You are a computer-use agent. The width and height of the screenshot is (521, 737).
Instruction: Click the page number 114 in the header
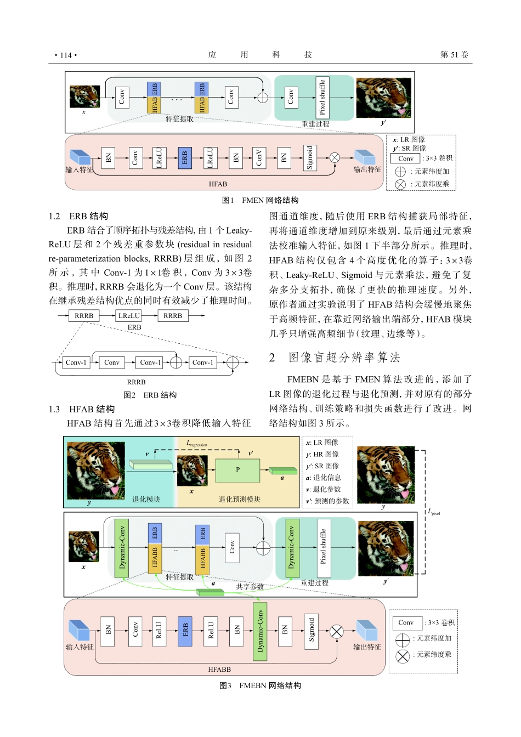[66, 55]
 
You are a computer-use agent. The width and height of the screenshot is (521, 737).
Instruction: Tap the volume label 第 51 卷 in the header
[454, 55]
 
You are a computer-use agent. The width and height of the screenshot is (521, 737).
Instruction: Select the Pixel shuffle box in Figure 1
[322, 98]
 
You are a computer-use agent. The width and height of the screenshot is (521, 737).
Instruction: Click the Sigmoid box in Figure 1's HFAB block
[310, 158]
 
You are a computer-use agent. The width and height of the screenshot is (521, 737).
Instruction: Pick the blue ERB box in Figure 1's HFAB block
[185, 158]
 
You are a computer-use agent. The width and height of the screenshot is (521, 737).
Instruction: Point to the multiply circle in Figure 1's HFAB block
[335, 158]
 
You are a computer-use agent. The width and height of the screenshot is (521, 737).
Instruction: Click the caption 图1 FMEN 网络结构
[260, 200]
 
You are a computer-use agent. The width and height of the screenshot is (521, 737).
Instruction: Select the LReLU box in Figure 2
[129, 316]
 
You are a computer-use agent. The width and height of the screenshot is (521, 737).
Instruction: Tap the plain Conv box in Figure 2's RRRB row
[112, 362]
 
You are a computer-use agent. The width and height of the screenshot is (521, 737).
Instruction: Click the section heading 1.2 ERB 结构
[78, 216]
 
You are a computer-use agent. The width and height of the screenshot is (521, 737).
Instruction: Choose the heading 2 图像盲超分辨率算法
[335, 358]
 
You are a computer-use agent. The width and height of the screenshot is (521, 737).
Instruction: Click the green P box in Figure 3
[237, 470]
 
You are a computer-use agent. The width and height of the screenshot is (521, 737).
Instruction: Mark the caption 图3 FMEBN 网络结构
[260, 685]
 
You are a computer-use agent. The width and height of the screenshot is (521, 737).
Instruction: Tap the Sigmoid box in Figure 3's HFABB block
[312, 630]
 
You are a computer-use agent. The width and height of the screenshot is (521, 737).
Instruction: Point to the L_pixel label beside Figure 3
[433, 512]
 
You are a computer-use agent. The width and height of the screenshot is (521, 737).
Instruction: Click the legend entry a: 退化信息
[324, 478]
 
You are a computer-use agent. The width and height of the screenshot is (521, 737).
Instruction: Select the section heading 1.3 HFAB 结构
[82, 409]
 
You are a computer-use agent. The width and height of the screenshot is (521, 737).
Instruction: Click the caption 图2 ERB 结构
[150, 395]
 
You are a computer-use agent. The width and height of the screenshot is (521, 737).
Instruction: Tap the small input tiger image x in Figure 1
[84, 97]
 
